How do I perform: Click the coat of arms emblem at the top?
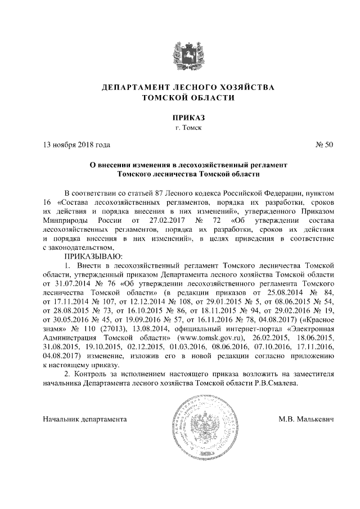click(180, 54)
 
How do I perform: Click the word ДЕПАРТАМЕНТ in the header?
click(133, 88)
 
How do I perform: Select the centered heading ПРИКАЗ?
click(180, 118)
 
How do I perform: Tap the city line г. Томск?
click(180, 128)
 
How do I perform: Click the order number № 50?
click(325, 145)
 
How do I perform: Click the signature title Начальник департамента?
click(85, 420)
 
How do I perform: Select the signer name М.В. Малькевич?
click(306, 420)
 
